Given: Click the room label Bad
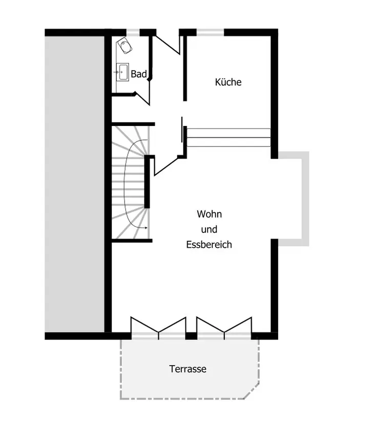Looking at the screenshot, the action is point(139,74).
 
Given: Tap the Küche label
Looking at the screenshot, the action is point(228,82).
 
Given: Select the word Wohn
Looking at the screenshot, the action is point(209,214).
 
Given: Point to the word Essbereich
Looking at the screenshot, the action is point(209,244).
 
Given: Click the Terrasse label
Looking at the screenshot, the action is point(188,369).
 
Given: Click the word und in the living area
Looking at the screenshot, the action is point(209,229).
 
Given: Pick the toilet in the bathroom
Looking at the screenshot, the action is point(125,45).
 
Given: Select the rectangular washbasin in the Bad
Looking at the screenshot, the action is point(122,72).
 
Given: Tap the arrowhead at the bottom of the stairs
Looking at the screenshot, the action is point(146,228).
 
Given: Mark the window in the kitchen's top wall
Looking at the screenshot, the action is point(210,32).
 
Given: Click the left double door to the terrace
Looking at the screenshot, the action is point(158,327).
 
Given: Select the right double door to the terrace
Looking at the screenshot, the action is point(224,327).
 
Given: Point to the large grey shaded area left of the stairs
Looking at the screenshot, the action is point(75,184).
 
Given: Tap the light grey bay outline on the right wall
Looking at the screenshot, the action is point(306,199).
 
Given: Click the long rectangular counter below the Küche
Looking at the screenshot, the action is point(228,138).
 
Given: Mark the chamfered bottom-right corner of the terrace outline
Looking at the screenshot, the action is point(252,391).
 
